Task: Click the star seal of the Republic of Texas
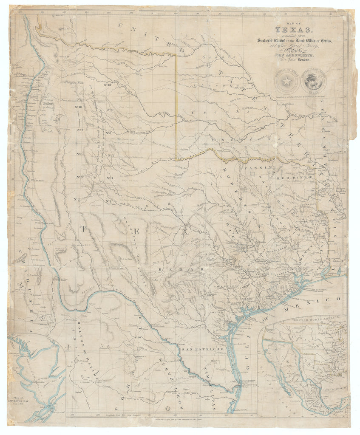[x=286, y=80]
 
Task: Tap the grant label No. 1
[x=109, y=201]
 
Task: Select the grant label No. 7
[x=79, y=130]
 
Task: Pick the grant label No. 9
[x=110, y=110]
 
